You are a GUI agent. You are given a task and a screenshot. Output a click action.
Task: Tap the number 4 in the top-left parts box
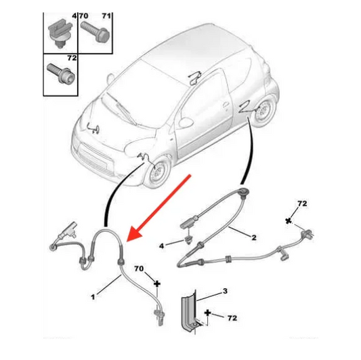[74, 16]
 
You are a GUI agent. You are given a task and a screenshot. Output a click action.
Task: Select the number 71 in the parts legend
[106, 16]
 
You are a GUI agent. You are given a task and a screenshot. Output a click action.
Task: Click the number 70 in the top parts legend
[84, 16]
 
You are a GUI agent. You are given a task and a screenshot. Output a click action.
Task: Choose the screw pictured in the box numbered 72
[61, 73]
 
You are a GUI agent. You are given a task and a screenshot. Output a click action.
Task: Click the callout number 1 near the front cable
[93, 297]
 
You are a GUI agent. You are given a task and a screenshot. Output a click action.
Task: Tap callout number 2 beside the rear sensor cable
[254, 237]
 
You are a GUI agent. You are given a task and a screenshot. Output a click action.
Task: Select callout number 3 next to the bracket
[225, 291]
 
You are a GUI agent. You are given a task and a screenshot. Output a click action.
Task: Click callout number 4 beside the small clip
[162, 246]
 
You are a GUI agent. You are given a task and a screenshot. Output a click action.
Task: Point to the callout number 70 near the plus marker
[139, 268]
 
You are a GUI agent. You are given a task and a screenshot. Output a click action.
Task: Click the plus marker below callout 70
[157, 283]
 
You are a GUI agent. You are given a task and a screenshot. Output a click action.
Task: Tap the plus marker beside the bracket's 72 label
[208, 313]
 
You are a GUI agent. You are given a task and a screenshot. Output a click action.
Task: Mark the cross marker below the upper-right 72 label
[288, 221]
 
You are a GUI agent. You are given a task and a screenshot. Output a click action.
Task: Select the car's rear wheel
[264, 113]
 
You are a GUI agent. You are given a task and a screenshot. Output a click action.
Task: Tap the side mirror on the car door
[186, 121]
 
